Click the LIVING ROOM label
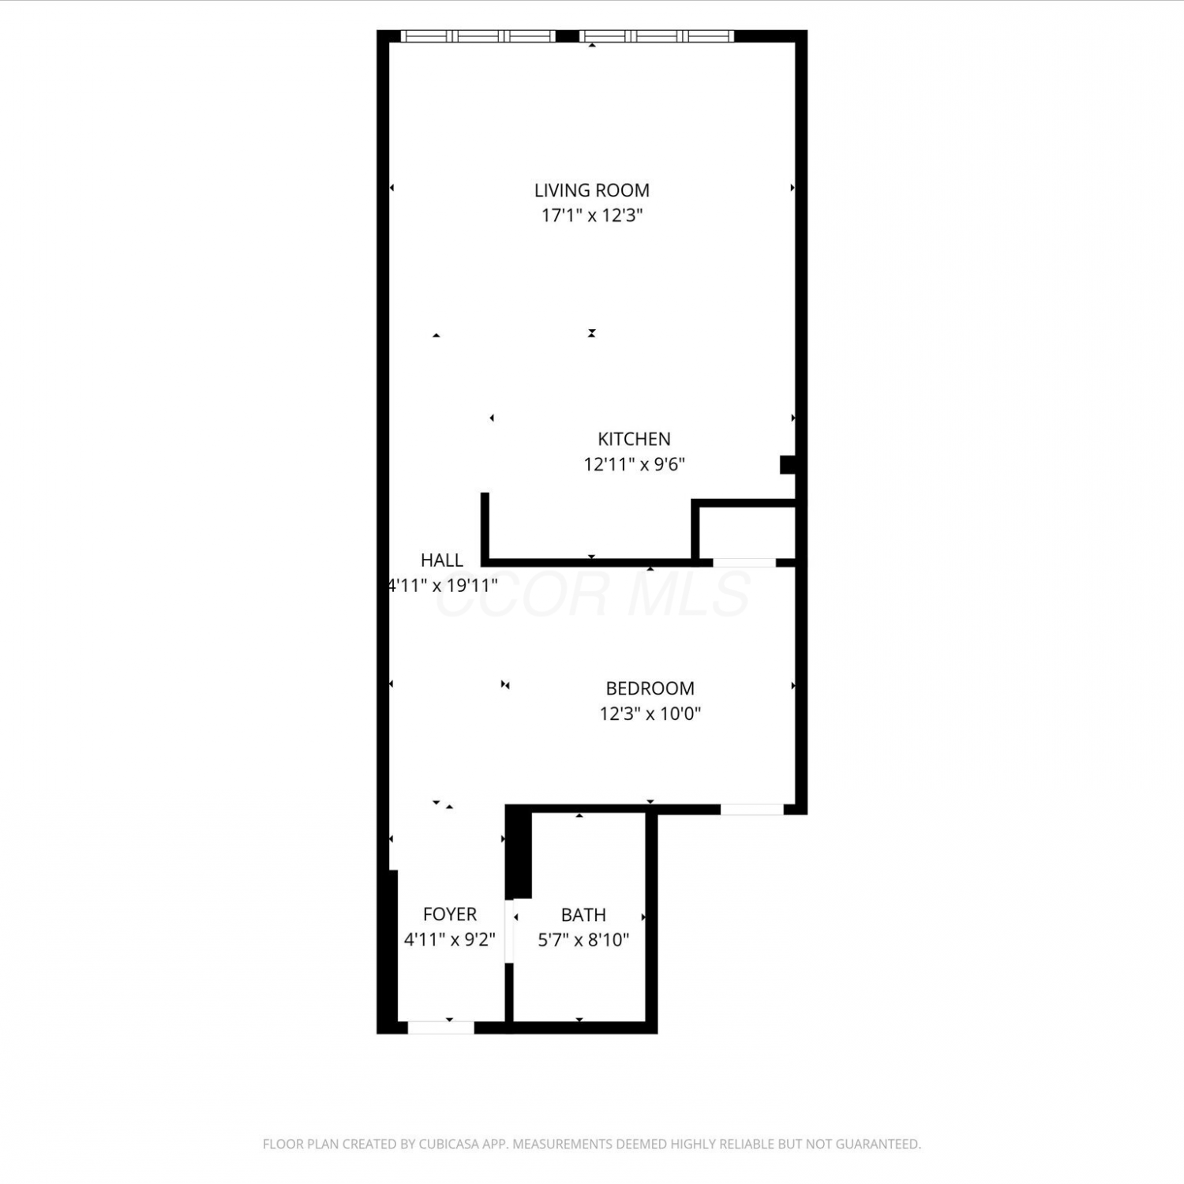tap(592, 190)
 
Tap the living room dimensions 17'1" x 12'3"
tap(592, 215)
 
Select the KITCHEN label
tap(634, 439)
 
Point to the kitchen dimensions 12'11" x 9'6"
tap(634, 464)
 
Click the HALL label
tap(442, 560)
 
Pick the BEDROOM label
tap(650, 688)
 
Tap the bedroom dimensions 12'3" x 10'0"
tap(650, 714)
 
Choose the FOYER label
tap(450, 914)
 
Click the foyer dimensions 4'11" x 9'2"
tap(450, 939)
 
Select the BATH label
tap(583, 915)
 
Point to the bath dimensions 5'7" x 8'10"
tap(583, 940)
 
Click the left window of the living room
tap(478, 36)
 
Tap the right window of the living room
tap(657, 36)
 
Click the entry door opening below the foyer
tap(440, 1027)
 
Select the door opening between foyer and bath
tap(510, 931)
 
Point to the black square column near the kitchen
tap(788, 465)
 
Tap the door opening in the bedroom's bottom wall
tap(751, 809)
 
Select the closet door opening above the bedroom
tap(744, 563)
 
